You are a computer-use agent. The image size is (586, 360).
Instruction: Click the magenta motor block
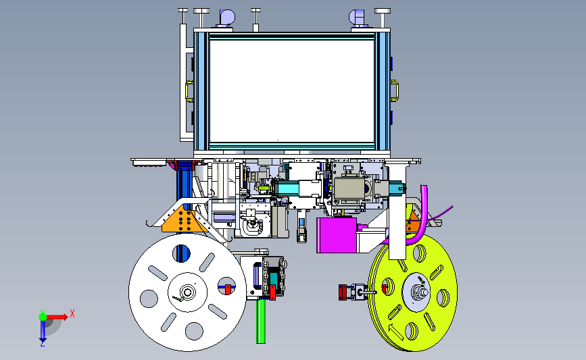point(337,234)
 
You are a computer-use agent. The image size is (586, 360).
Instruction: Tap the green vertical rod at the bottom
point(261,321)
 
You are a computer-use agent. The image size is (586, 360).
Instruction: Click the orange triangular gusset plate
point(178,220)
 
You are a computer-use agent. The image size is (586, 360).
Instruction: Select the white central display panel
point(292,91)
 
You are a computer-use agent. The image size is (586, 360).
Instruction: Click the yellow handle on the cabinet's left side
point(189,91)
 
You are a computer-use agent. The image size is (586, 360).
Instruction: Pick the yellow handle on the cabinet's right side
point(395,91)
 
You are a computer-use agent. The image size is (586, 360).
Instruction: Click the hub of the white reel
point(187,292)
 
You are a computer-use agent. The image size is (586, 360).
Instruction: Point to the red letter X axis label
point(72,313)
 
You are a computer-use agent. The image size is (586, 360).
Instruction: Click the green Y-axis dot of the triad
point(43,317)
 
